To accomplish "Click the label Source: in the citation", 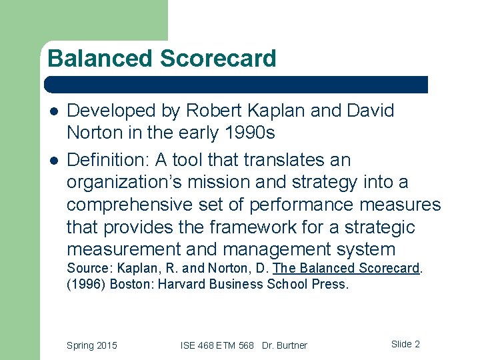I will click(89, 268).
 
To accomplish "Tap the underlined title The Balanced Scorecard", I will click(346, 268).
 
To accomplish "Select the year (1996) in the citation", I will click(86, 284).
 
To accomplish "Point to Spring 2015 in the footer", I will click(91, 345).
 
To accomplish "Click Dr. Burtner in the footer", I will click(285, 345).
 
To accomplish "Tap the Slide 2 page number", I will click(405, 344).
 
